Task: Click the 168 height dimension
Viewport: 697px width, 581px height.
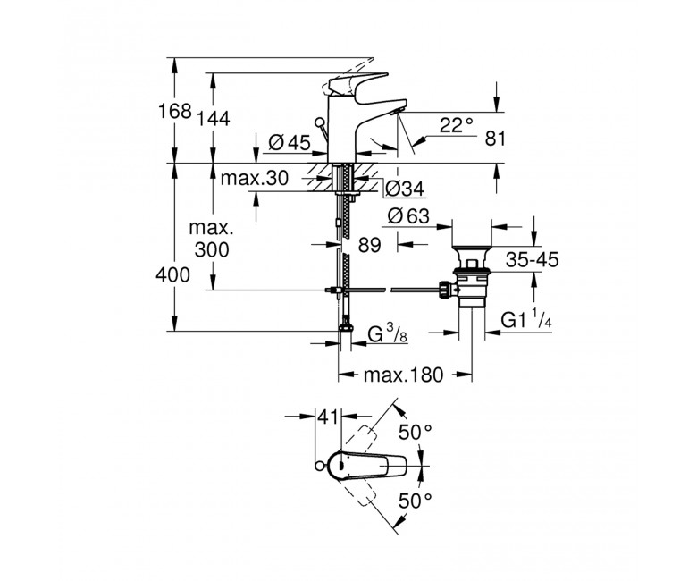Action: point(175,111)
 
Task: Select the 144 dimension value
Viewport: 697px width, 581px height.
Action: point(214,119)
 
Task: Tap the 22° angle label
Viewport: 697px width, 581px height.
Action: point(457,125)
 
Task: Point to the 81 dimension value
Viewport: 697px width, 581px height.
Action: point(495,139)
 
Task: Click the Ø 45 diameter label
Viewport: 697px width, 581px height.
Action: point(290,142)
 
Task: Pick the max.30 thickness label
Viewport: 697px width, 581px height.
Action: point(255,178)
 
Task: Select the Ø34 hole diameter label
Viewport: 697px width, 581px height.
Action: point(405,189)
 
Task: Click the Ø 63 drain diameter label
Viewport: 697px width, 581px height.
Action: point(409,216)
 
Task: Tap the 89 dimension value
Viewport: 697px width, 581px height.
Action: point(370,245)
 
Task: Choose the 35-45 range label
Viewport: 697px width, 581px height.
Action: point(532,259)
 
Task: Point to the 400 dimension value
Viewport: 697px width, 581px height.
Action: point(173,275)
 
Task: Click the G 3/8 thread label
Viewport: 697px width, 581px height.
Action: point(388,333)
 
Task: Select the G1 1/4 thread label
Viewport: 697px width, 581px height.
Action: point(526,320)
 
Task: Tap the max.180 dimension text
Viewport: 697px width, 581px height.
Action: point(404,375)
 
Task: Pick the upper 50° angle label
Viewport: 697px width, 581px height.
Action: point(416,432)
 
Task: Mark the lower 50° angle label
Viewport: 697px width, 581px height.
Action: point(416,501)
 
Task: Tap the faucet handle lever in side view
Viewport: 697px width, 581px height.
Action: point(357,83)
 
